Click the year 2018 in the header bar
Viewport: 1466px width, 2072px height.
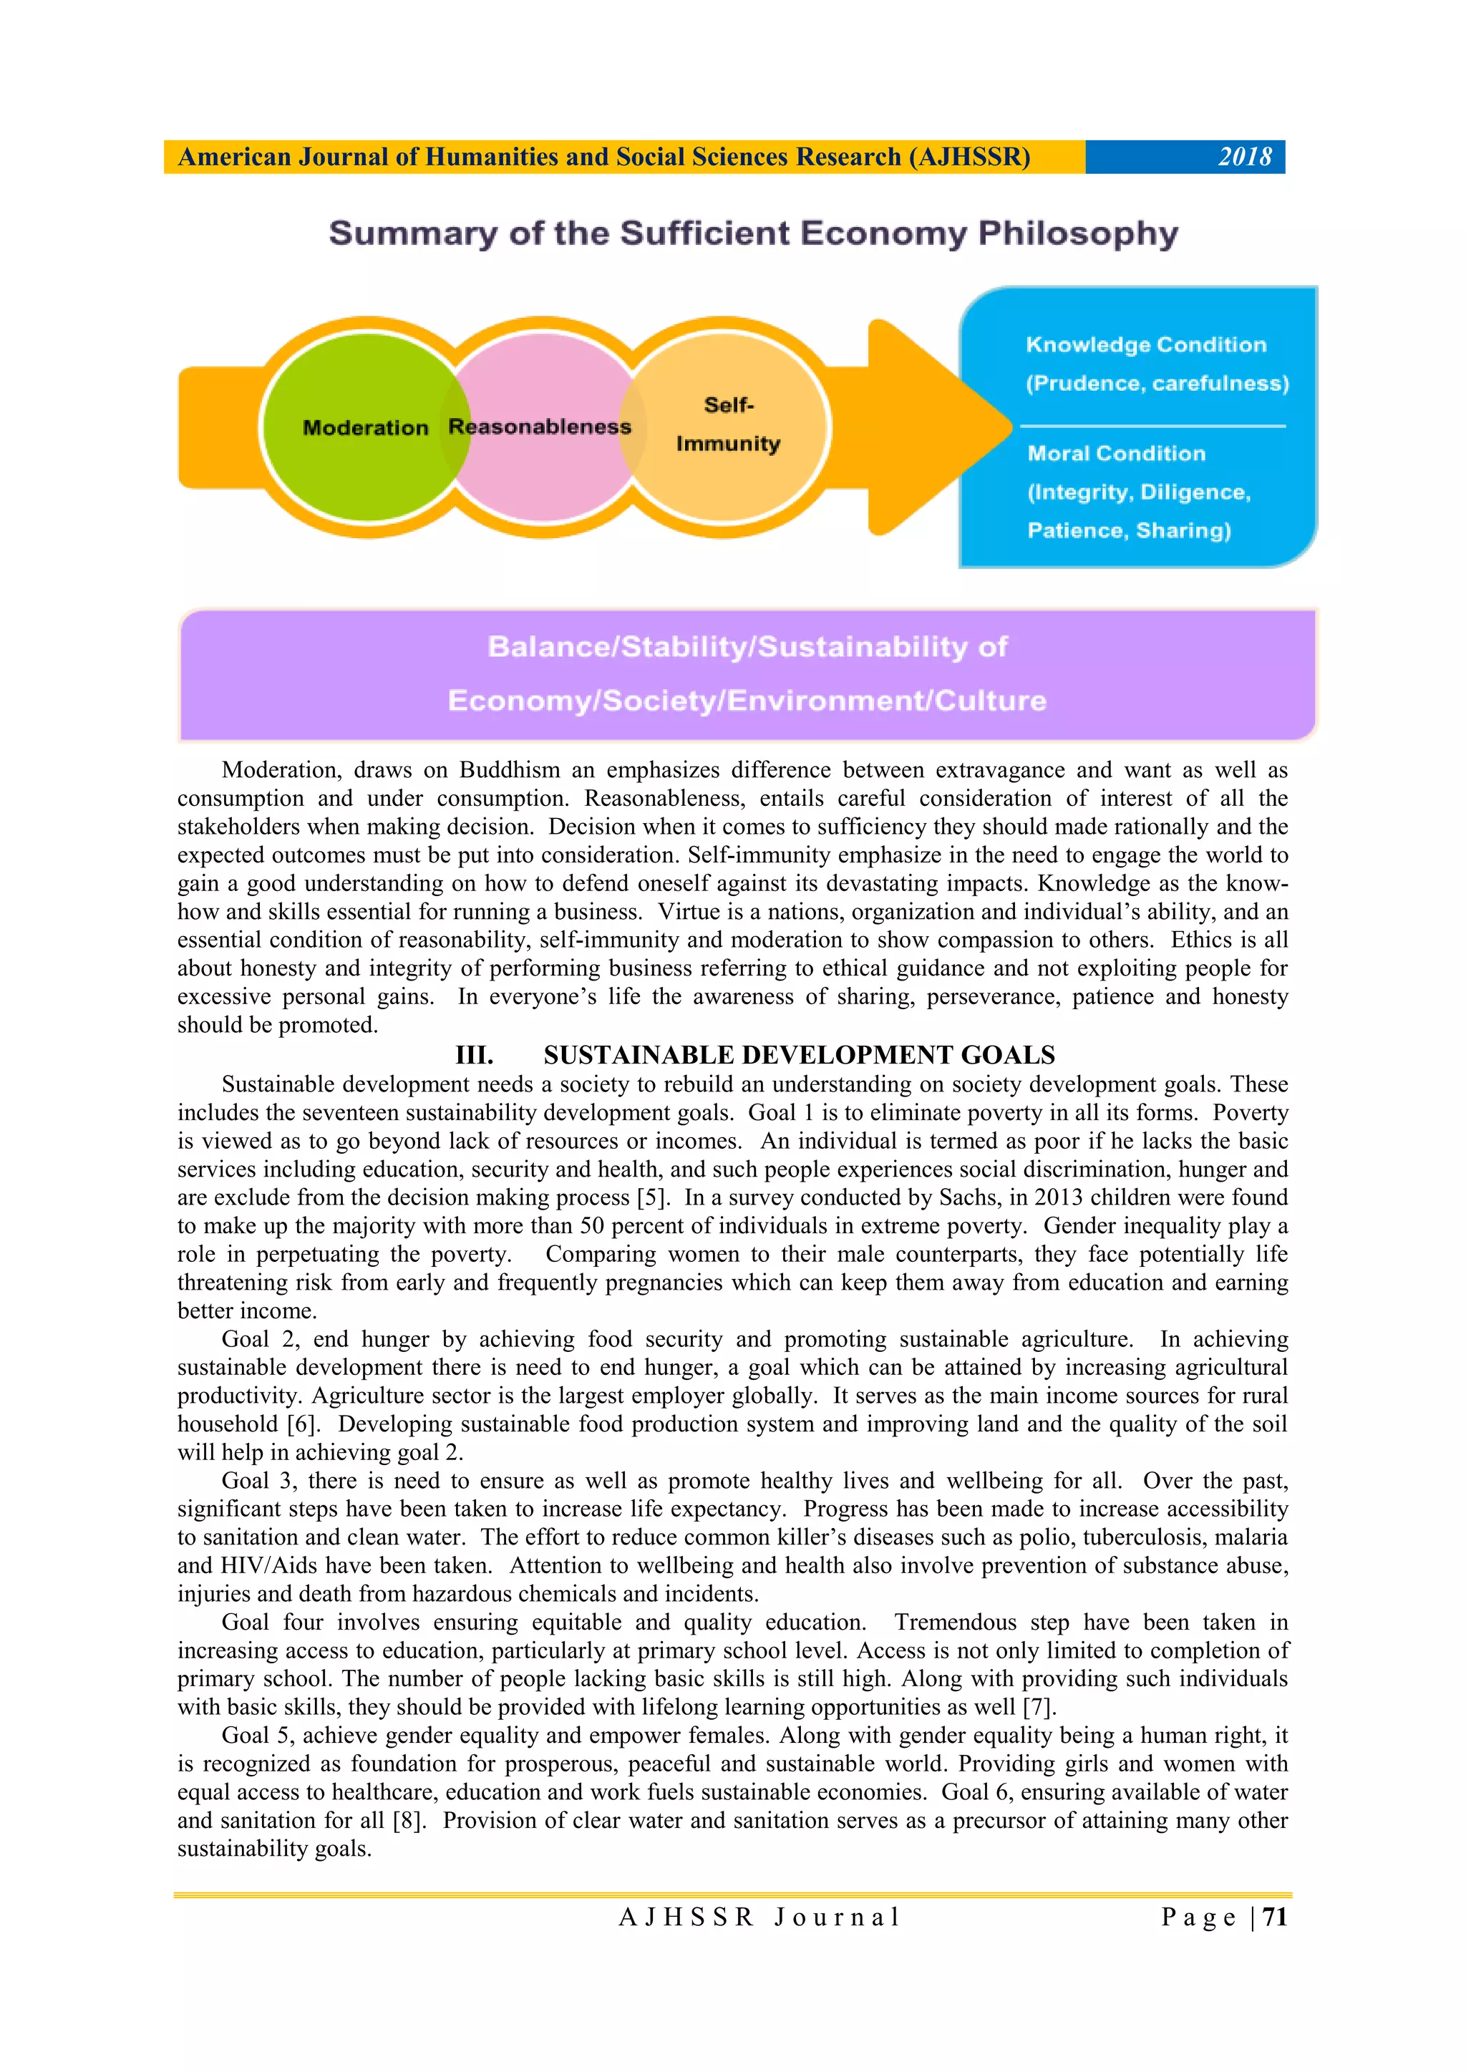click(1244, 157)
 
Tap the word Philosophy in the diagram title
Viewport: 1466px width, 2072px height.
click(1078, 234)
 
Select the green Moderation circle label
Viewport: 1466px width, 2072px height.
click(364, 428)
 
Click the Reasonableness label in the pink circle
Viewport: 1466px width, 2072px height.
click(540, 427)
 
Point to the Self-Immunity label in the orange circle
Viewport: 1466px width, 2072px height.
click(727, 424)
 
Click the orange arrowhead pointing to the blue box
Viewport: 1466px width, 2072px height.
click(939, 427)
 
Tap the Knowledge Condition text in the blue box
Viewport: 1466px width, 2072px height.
click(1145, 345)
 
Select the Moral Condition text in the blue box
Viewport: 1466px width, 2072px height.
click(1116, 454)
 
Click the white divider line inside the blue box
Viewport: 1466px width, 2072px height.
click(1152, 425)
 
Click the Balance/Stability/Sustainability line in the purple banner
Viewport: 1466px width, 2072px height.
click(747, 647)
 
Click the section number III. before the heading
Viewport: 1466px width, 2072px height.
click(474, 1055)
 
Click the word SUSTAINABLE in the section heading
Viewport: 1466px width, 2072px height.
click(636, 1055)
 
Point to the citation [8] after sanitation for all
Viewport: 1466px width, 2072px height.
click(408, 1820)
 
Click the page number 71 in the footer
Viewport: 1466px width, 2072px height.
click(1275, 1917)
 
